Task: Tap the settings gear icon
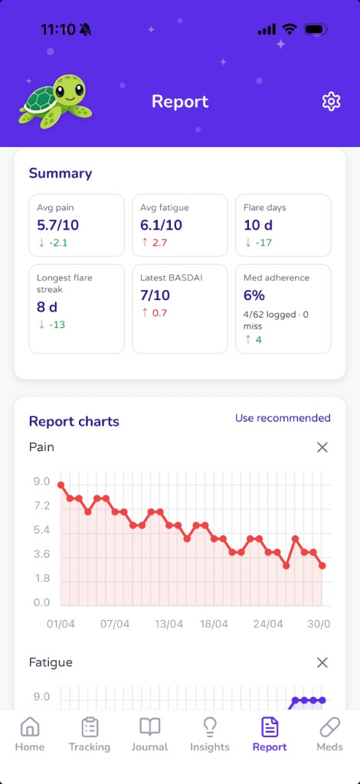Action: (x=331, y=102)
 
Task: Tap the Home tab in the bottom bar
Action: (x=30, y=734)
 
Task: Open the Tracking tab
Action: (x=90, y=734)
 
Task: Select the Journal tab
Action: (x=149, y=734)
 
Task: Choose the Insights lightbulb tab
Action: (x=210, y=734)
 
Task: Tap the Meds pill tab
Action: (x=329, y=734)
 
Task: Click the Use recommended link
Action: (x=283, y=418)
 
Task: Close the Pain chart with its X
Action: (x=322, y=447)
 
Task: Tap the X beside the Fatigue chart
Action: (x=322, y=663)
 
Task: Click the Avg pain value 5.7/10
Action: (x=58, y=225)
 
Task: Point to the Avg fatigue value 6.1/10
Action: (x=161, y=225)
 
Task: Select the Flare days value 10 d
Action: (x=258, y=225)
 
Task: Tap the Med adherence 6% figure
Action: (x=254, y=296)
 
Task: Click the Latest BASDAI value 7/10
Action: (x=155, y=296)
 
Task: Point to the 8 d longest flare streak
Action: (x=48, y=307)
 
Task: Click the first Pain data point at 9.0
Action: (x=61, y=485)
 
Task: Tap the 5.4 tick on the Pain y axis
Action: (x=41, y=530)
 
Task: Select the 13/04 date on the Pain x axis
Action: (x=169, y=624)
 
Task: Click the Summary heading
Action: (x=61, y=174)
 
